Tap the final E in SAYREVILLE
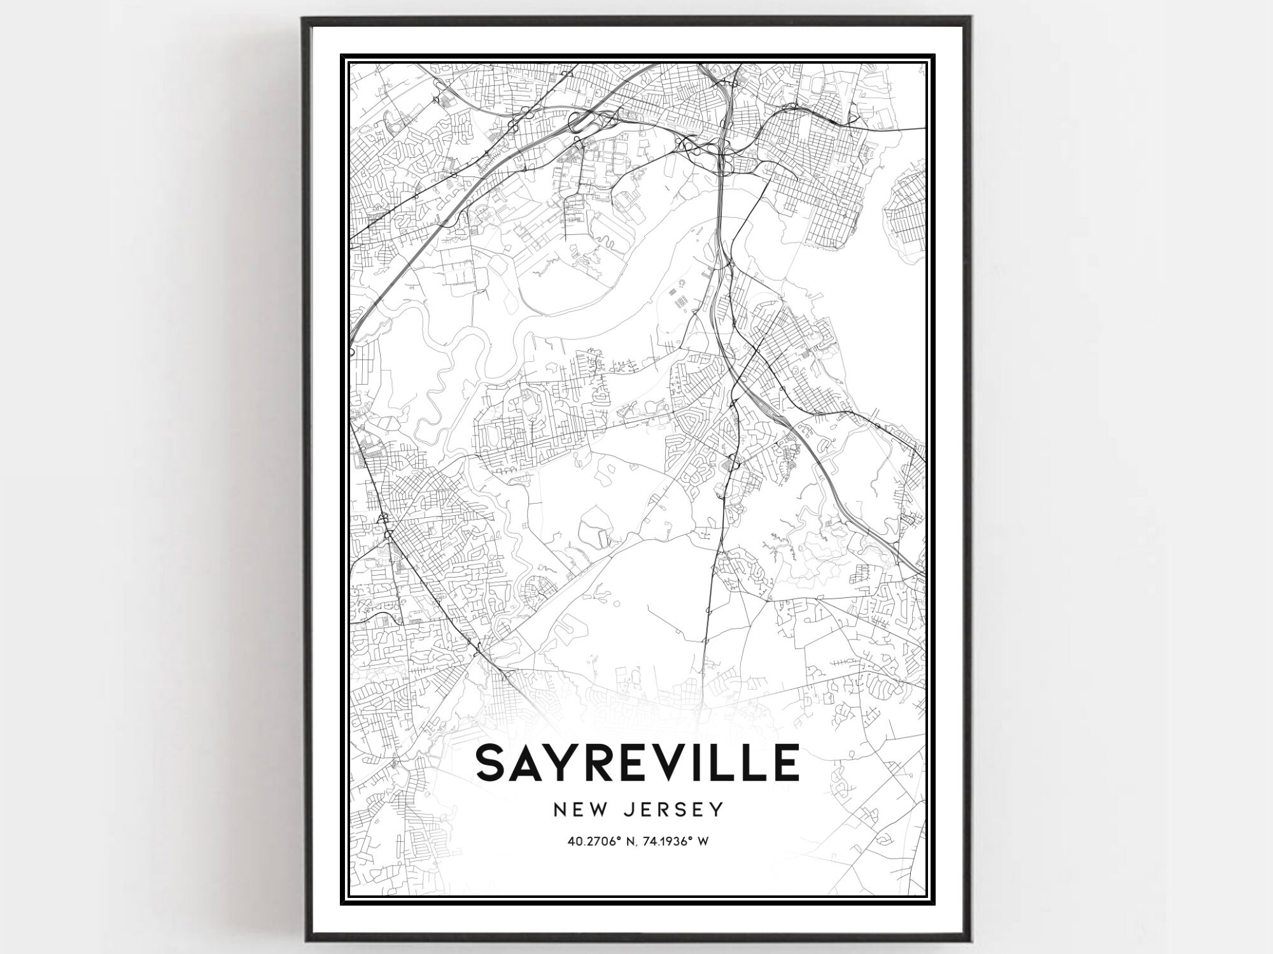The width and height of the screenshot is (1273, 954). (x=785, y=763)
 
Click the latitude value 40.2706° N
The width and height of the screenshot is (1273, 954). (x=603, y=842)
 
